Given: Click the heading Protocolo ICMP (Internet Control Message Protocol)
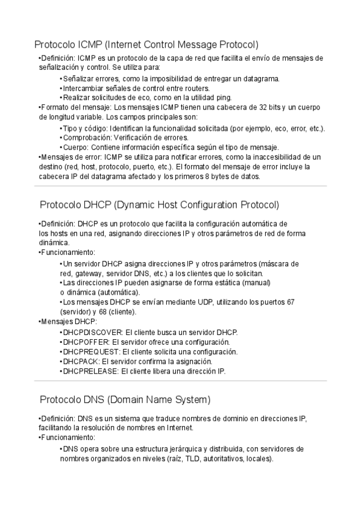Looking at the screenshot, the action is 146,45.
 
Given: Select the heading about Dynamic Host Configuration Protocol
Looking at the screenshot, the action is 159,205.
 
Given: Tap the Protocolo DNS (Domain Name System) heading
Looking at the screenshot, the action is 125,400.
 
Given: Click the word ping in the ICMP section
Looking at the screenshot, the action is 224,98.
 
